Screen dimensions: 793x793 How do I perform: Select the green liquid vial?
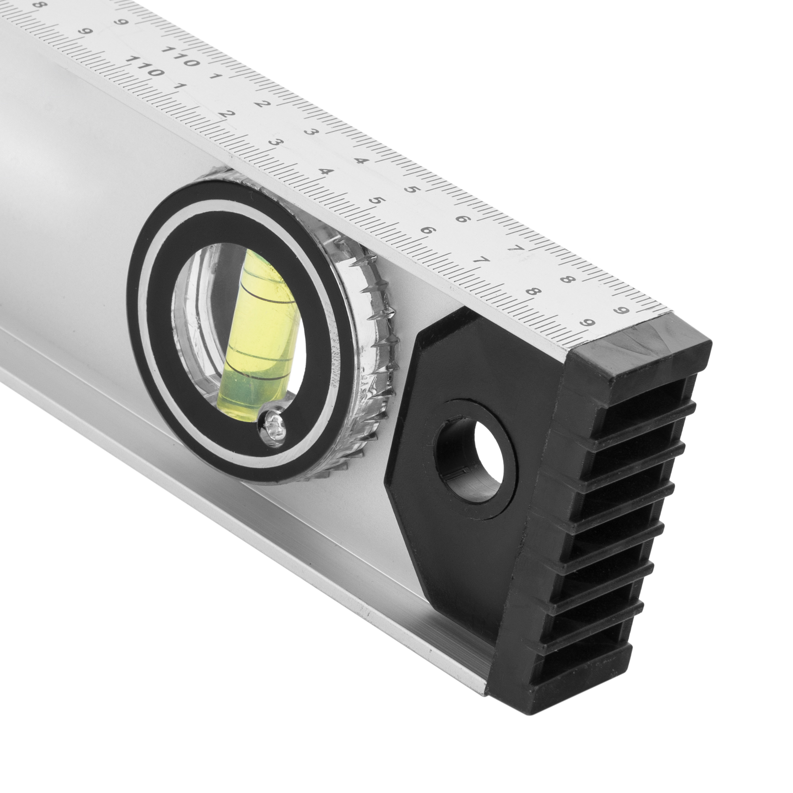(x=256, y=331)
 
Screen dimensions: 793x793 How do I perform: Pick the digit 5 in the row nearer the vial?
(x=377, y=201)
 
